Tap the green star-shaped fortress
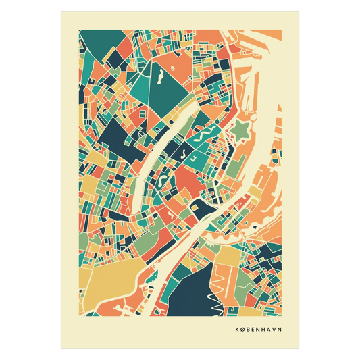click(240, 126)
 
